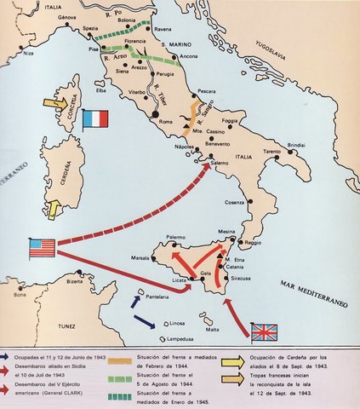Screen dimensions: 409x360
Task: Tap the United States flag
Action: (42, 248)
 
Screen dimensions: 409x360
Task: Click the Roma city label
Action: (165, 123)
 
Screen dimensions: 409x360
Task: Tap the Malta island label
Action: (212, 329)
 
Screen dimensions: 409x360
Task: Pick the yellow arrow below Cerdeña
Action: (54, 207)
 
